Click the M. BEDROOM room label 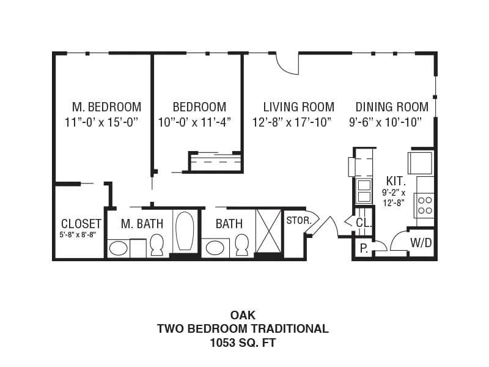click(x=106, y=107)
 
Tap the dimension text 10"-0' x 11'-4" click(x=194, y=122)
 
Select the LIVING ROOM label click(x=299, y=107)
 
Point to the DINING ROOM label click(x=392, y=107)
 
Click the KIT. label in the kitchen click(x=395, y=181)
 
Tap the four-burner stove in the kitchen click(x=424, y=206)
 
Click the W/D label click(x=421, y=242)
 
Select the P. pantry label click(x=364, y=248)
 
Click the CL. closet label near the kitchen click(x=364, y=223)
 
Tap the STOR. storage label click(x=299, y=221)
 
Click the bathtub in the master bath click(x=185, y=231)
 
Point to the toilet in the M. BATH click(x=157, y=245)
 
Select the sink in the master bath click(x=119, y=249)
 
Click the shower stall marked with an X click(x=268, y=231)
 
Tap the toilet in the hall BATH click(x=241, y=245)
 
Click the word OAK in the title click(x=243, y=315)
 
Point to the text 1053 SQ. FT click(x=243, y=343)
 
